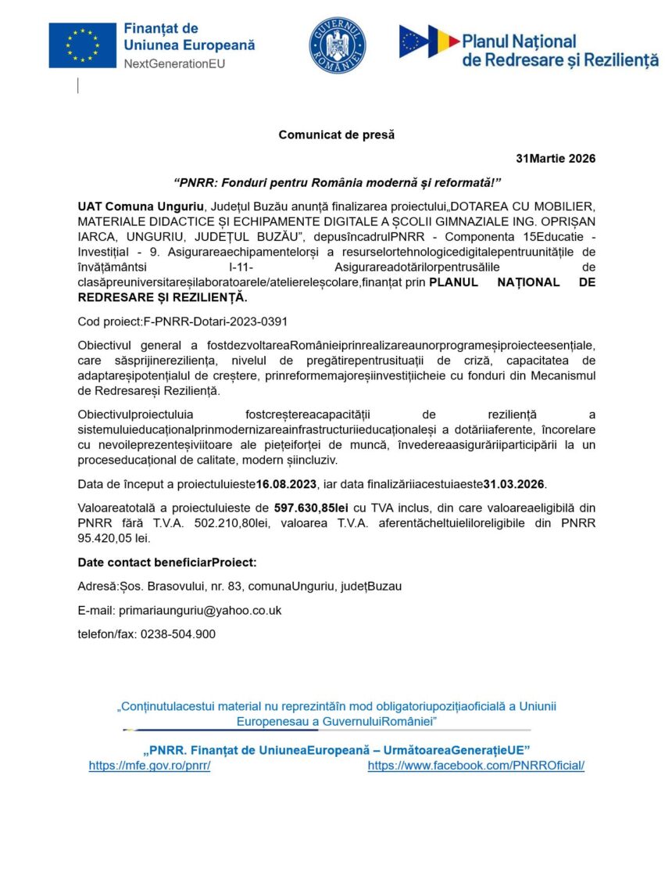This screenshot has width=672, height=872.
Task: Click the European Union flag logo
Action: click(x=83, y=45)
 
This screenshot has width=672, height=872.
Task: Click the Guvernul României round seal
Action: click(x=338, y=45)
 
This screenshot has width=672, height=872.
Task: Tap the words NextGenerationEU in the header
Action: click(x=174, y=63)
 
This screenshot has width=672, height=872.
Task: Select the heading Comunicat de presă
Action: click(x=337, y=135)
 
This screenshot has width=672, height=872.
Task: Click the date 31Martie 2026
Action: click(x=556, y=159)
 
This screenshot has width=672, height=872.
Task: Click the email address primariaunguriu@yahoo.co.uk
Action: click(x=200, y=610)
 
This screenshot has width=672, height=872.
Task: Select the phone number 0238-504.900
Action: click(x=178, y=633)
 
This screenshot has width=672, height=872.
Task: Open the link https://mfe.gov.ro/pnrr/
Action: click(x=149, y=766)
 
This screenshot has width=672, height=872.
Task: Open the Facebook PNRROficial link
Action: click(x=476, y=766)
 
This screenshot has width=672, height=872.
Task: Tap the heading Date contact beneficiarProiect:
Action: click(x=167, y=562)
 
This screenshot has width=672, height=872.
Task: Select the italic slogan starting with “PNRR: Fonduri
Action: click(x=337, y=182)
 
